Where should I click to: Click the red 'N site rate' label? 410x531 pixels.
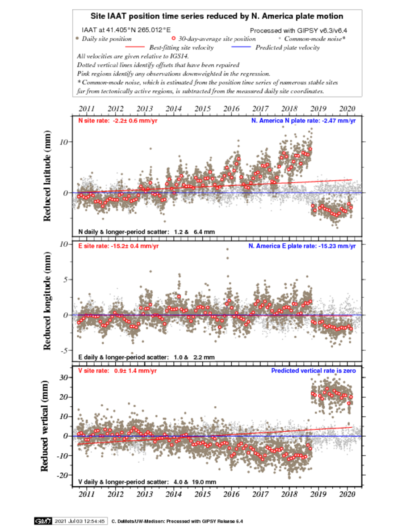click(x=118, y=121)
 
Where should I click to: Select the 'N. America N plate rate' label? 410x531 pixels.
click(x=303, y=121)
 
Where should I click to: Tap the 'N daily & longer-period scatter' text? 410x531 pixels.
click(x=146, y=232)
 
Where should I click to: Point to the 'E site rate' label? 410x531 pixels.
click(x=118, y=246)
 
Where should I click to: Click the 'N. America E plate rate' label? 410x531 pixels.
click(x=302, y=246)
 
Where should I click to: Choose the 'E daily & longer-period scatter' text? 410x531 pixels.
click(x=146, y=357)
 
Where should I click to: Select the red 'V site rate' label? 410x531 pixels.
click(x=117, y=371)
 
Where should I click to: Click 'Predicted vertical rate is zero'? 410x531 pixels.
click(x=314, y=371)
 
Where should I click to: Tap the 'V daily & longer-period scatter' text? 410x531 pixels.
click(x=147, y=482)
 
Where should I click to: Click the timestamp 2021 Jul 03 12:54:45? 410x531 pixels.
click(x=80, y=521)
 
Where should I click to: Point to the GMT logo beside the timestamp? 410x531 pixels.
click(x=43, y=521)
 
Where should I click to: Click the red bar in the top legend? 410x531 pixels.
click(x=135, y=47)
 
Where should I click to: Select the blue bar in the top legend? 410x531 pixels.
click(x=241, y=47)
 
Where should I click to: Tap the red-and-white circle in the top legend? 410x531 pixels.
click(x=173, y=38)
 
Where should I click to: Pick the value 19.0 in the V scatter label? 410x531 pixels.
click(x=198, y=482)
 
